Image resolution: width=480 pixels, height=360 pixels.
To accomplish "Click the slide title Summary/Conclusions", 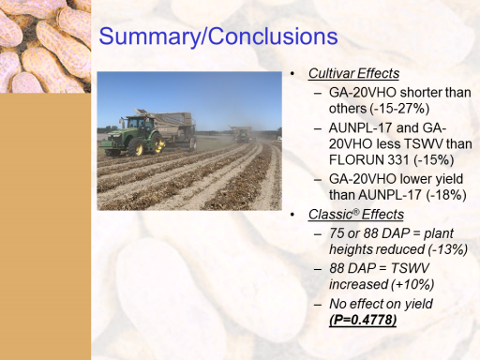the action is click(x=218, y=37).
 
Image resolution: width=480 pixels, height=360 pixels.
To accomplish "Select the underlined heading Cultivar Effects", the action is click(x=353, y=74).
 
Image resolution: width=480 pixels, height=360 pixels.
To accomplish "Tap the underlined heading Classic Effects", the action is click(x=356, y=215).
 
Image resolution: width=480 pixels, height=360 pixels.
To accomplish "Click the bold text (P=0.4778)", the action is click(x=363, y=320).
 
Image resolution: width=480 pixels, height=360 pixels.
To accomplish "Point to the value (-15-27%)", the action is click(x=399, y=109).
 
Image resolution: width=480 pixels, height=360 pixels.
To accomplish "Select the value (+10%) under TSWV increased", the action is click(x=412, y=284).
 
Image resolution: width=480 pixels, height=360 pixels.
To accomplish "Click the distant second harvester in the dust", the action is click(x=241, y=134).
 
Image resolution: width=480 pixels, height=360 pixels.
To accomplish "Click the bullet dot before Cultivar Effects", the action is click(x=292, y=74).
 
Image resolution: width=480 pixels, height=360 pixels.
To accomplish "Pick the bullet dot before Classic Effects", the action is click(x=292, y=215).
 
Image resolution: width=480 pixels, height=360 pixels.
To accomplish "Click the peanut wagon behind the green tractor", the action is click(x=176, y=127).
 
